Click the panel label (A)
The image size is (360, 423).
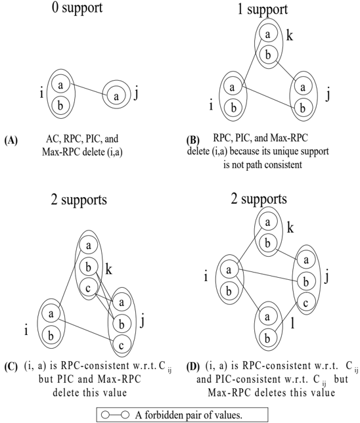click(11, 141)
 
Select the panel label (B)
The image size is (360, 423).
click(193, 141)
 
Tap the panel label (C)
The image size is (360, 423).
click(11, 367)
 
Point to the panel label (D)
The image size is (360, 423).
click(193, 367)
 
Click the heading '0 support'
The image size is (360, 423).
click(77, 8)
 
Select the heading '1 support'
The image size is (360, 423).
click(262, 9)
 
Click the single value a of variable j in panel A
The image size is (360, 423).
click(116, 96)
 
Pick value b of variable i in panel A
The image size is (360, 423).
click(60, 105)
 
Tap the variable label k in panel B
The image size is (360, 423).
click(289, 35)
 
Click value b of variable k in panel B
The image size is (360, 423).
click(268, 55)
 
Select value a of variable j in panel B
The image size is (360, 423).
click(303, 87)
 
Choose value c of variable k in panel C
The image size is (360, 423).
click(88, 288)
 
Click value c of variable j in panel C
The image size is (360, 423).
click(122, 345)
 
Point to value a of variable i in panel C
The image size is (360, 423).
click(51, 314)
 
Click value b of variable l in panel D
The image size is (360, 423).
click(267, 338)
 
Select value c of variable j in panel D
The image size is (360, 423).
click(305, 303)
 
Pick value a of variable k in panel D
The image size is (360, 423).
click(268, 222)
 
